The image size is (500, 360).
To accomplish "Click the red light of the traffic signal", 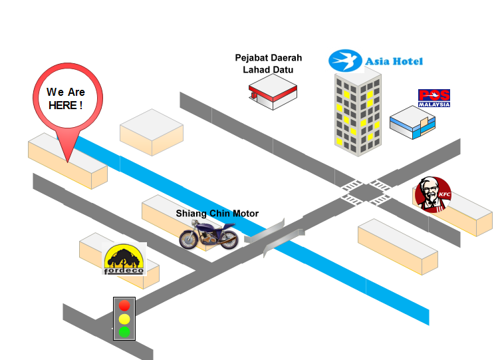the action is pyautogui.click(x=124, y=305).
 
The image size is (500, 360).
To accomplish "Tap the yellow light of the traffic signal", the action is pyautogui.click(x=124, y=319).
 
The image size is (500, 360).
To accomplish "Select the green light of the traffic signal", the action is pyautogui.click(x=124, y=332).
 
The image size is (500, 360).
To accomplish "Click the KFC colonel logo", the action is pyautogui.click(x=434, y=195).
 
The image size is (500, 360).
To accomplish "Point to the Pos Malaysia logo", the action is pyautogui.click(x=434, y=98).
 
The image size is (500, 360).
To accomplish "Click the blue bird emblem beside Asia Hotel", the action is pyautogui.click(x=345, y=61).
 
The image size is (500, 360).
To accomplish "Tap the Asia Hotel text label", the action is pyautogui.click(x=394, y=61).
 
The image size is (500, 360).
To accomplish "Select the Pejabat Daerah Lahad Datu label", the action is pyautogui.click(x=268, y=63).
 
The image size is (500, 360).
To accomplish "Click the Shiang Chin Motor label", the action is pyautogui.click(x=217, y=213).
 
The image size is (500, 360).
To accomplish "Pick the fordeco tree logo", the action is pyautogui.click(x=124, y=259).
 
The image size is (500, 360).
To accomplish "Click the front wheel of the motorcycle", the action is pyautogui.click(x=189, y=240).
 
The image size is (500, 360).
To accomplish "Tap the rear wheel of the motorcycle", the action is pyautogui.click(x=228, y=240).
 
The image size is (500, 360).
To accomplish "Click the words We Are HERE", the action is pyautogui.click(x=66, y=98).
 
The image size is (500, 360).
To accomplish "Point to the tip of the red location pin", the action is pyautogui.click(x=68, y=162).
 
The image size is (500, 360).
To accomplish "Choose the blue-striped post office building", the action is pyautogui.click(x=412, y=122).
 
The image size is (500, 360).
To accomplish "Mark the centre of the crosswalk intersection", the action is pyautogui.click(x=366, y=192).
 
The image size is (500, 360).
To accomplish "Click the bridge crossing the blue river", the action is pyautogui.click(x=274, y=237).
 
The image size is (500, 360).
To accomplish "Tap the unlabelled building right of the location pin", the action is pyautogui.click(x=152, y=132).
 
